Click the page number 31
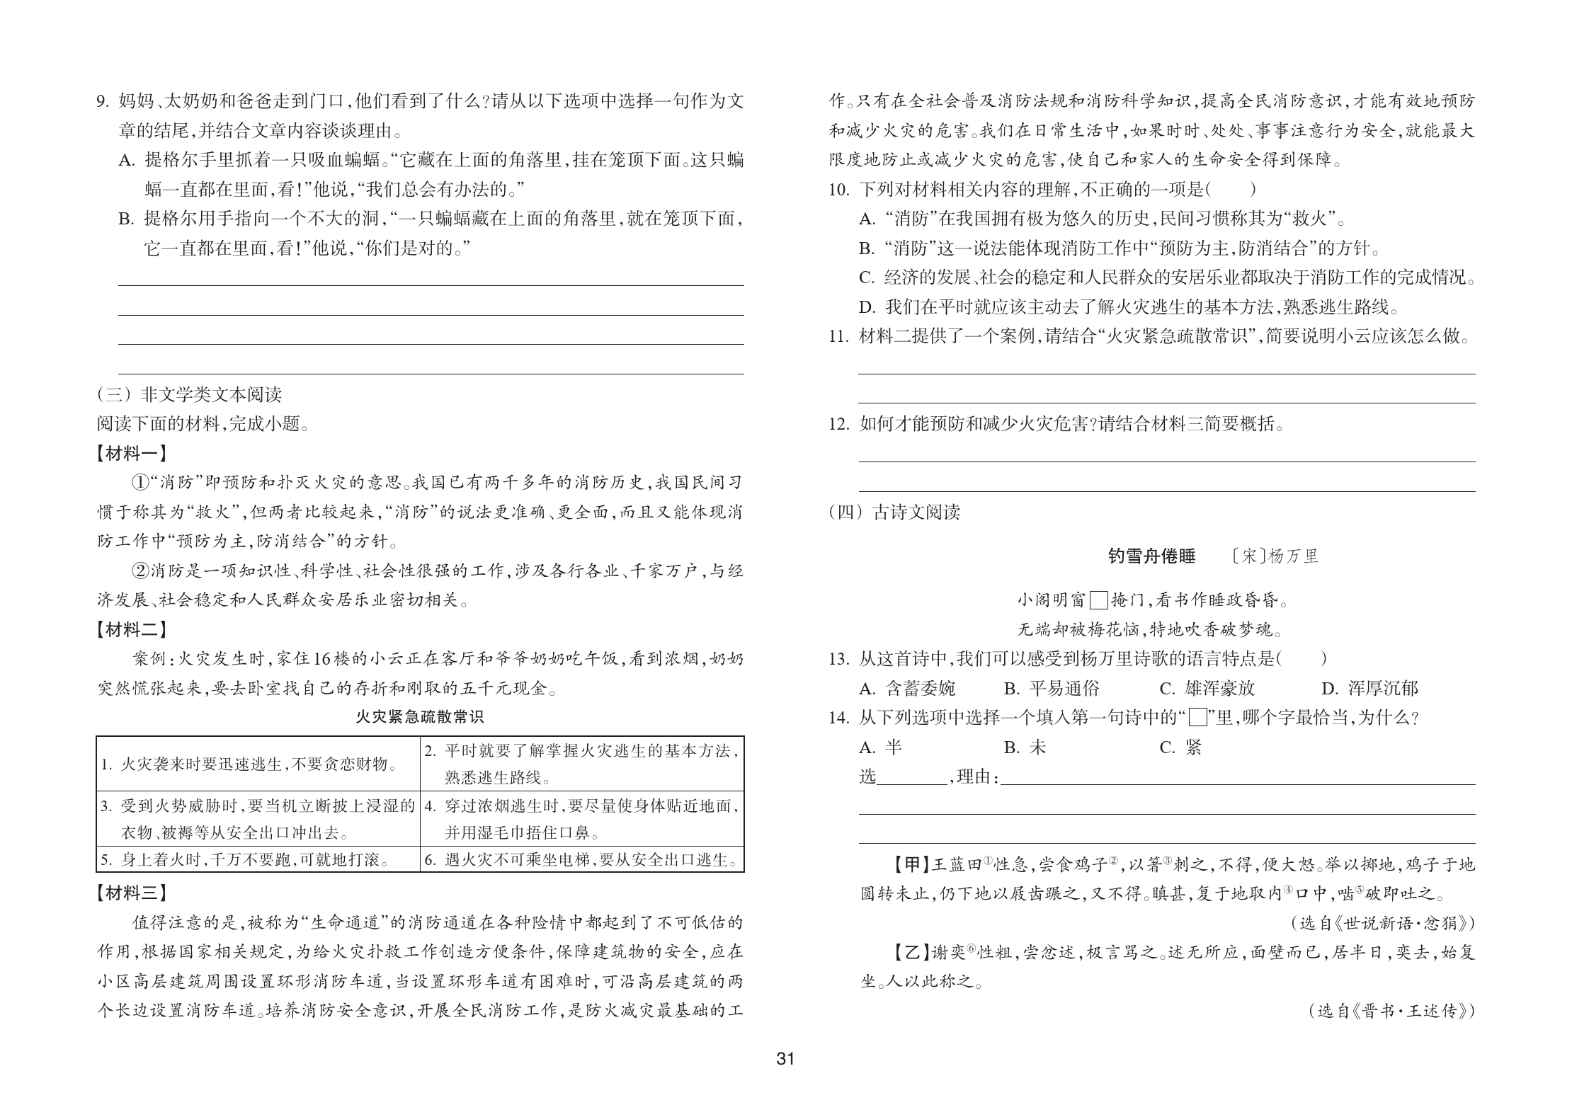pyautogui.click(x=785, y=1079)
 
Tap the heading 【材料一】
pyautogui.click(x=132, y=454)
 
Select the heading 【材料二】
pyautogui.click(x=132, y=629)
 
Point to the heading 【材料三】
pyautogui.click(x=132, y=893)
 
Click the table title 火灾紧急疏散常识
pyautogui.click(x=419, y=717)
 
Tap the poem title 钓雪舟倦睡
pyautogui.click(x=1151, y=556)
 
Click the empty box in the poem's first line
pyautogui.click(x=1098, y=600)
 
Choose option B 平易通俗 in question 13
pyautogui.click(x=1051, y=688)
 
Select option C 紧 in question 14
pyautogui.click(x=1180, y=747)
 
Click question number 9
pyautogui.click(x=103, y=101)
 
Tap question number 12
pyautogui.click(x=838, y=425)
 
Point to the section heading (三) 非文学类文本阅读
pyautogui.click(x=189, y=394)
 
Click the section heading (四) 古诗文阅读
pyautogui.click(x=894, y=512)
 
